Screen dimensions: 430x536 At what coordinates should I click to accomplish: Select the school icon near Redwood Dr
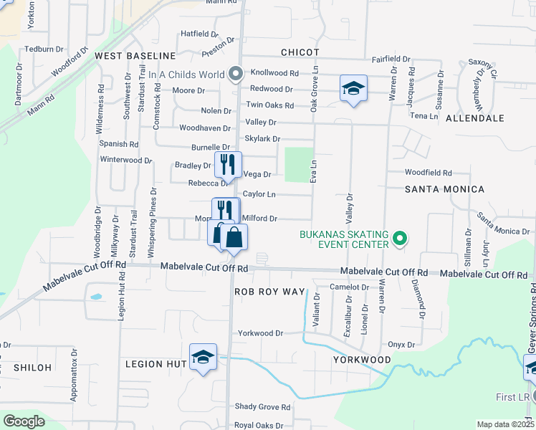(x=353, y=88)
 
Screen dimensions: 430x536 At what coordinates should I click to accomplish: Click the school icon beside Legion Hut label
(x=203, y=358)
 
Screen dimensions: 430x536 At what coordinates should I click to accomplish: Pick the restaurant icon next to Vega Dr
(x=229, y=165)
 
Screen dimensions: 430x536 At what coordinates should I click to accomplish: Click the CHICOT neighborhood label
(x=299, y=52)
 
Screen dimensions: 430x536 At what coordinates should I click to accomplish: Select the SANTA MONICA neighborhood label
(x=444, y=189)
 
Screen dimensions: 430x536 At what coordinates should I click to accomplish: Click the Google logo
(x=24, y=421)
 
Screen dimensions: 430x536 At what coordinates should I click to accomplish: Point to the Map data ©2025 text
(x=504, y=424)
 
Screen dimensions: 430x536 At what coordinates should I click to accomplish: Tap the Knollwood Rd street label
(x=274, y=73)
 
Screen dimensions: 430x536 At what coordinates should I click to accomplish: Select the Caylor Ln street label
(x=259, y=194)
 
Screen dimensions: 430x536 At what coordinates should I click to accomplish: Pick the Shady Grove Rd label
(x=262, y=407)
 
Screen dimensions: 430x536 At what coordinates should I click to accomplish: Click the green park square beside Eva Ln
(x=300, y=164)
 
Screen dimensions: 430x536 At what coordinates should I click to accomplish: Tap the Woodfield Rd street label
(x=428, y=173)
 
